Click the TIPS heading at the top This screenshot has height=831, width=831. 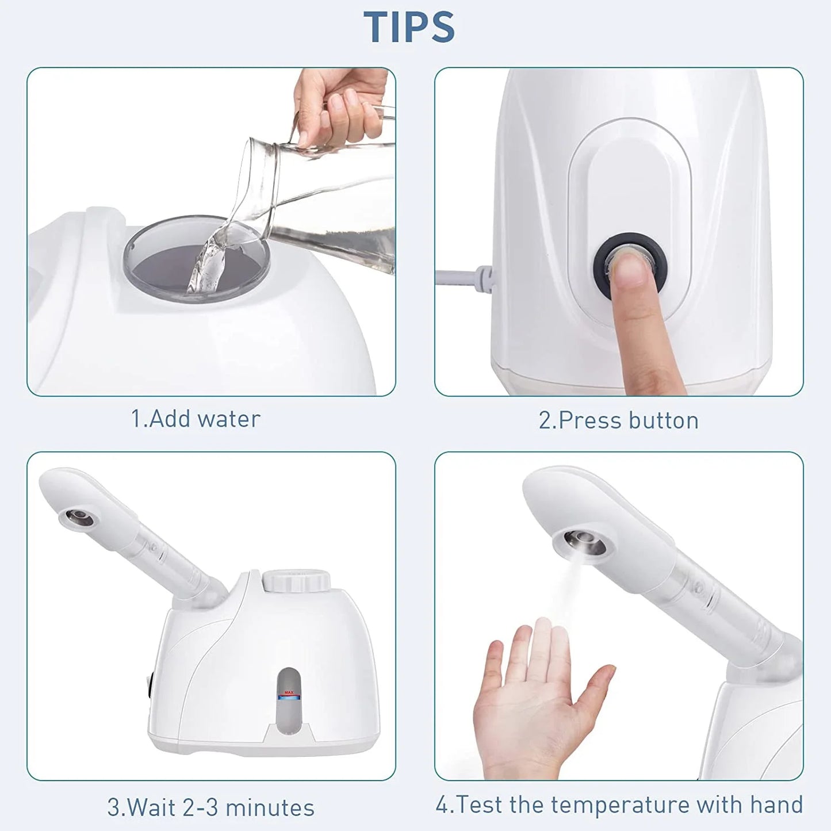(x=409, y=27)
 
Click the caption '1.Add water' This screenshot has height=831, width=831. (x=196, y=419)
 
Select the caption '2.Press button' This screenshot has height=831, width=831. (x=618, y=420)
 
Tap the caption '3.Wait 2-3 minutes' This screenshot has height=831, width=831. (x=210, y=807)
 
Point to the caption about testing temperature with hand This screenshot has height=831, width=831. (x=619, y=805)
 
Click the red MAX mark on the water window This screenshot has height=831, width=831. (x=289, y=692)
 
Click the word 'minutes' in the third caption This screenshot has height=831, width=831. (x=270, y=807)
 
